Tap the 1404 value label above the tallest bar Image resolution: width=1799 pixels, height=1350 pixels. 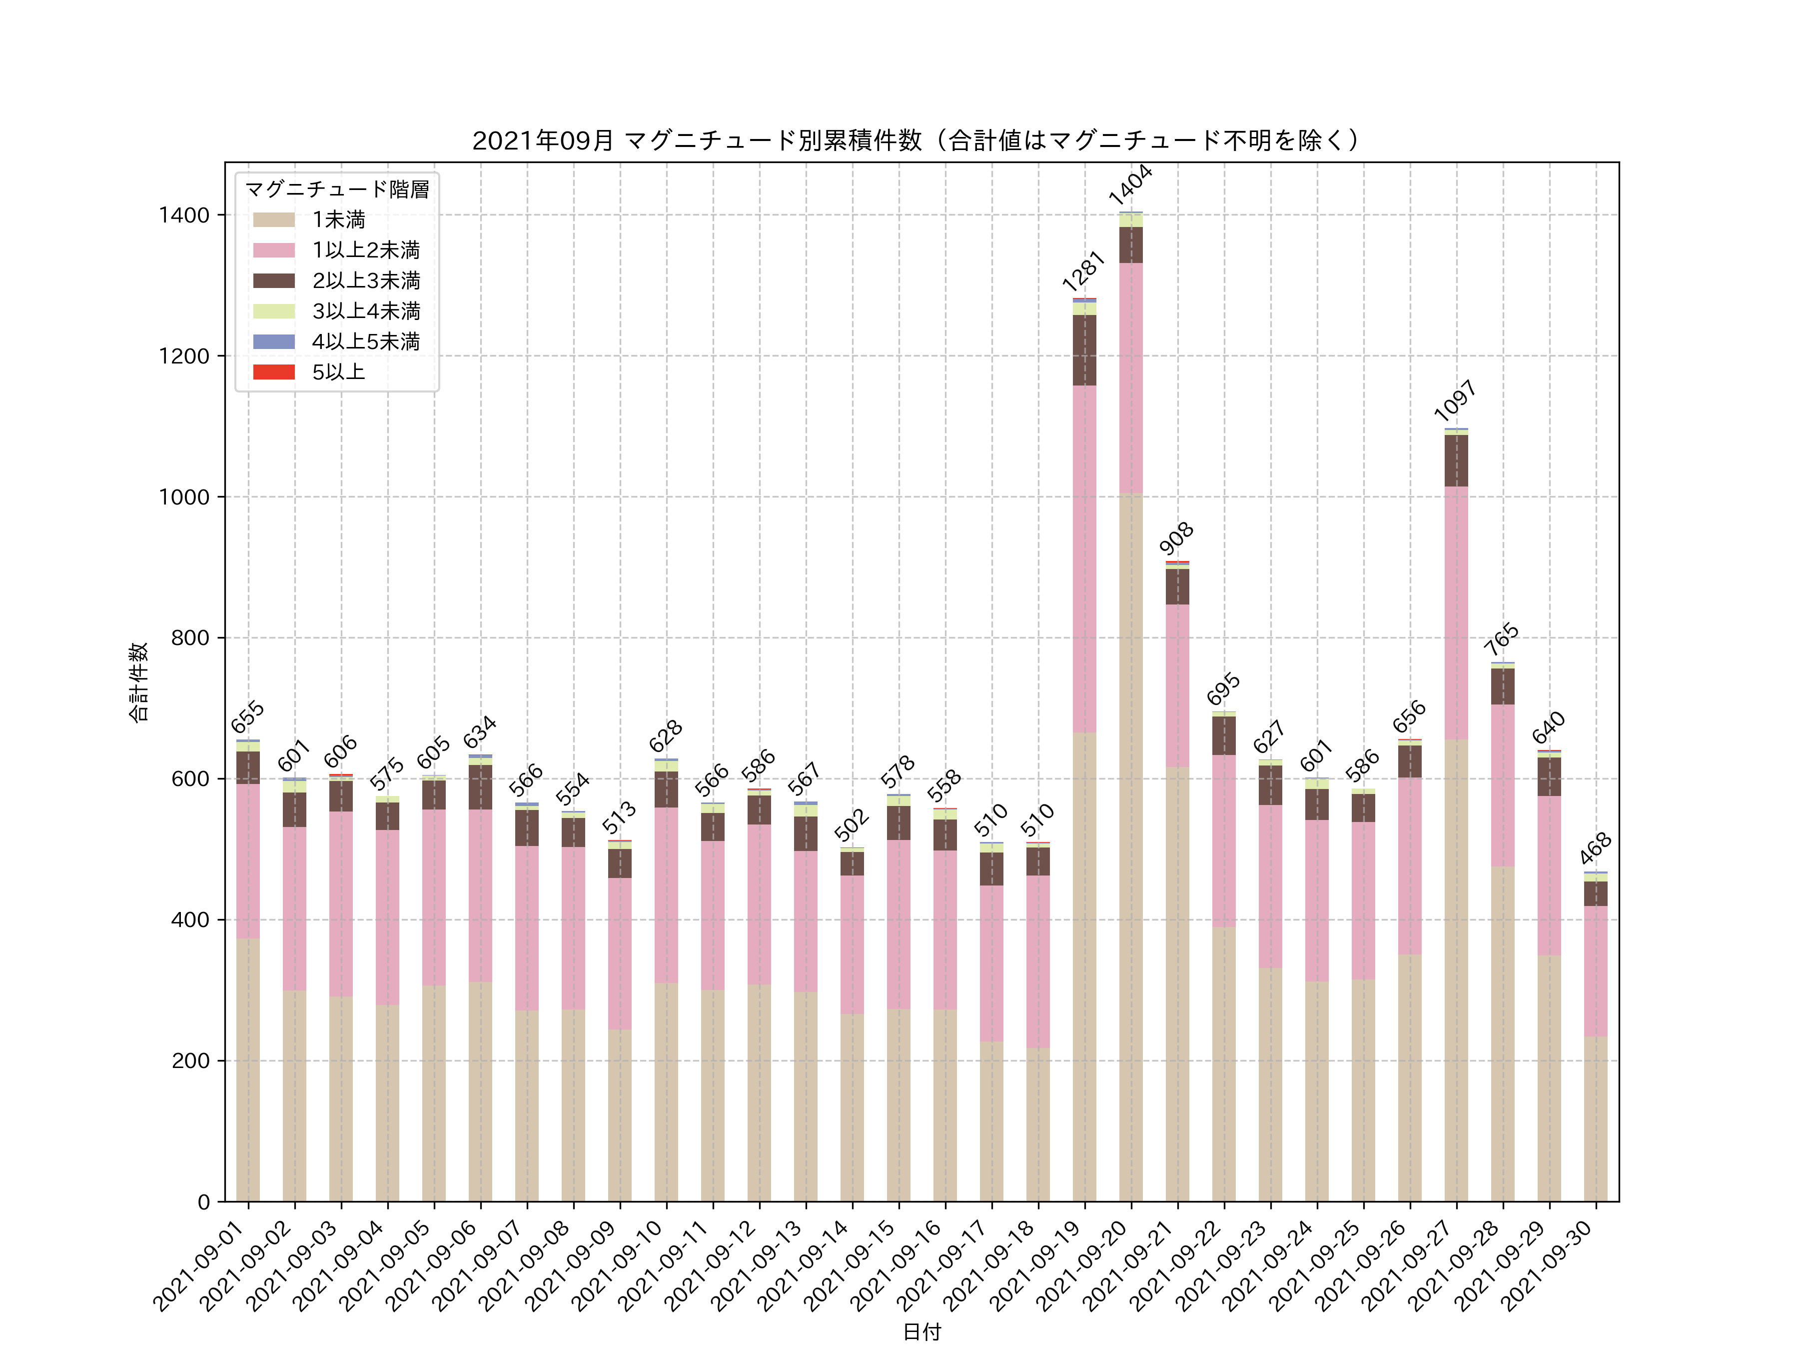[x=1130, y=184]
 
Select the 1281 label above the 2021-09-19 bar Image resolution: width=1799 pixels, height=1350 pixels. [x=1083, y=271]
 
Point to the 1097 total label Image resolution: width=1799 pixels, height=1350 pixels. [x=1455, y=399]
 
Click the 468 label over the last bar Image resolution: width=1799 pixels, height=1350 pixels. [x=1595, y=848]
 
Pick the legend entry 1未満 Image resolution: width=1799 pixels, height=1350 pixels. [x=338, y=219]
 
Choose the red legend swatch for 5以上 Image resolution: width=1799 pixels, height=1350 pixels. [x=274, y=372]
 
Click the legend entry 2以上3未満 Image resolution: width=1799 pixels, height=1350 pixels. [x=366, y=280]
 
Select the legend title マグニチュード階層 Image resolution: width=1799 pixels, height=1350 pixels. [x=337, y=189]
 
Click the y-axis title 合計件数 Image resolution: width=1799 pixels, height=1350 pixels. [x=139, y=682]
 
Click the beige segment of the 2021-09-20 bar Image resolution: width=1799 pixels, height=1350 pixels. [x=1130, y=846]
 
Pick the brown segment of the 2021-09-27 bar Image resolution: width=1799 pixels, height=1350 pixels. [x=1456, y=460]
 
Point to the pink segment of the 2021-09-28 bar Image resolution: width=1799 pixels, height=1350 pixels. [x=1502, y=785]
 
